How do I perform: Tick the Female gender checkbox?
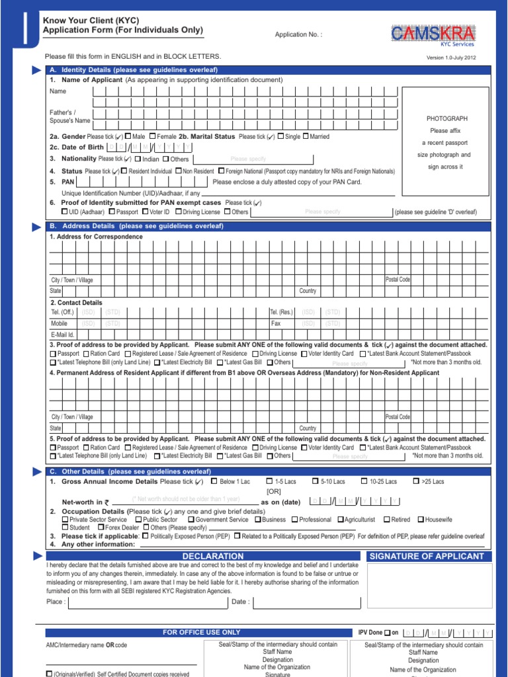(152, 136)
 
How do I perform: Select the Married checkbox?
(306, 136)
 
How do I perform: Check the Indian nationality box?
(138, 159)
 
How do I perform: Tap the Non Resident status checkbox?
(178, 171)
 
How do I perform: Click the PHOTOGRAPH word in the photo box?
(448, 118)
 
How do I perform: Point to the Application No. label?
(298, 35)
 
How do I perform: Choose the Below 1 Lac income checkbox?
(214, 481)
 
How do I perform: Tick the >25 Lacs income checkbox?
(416, 481)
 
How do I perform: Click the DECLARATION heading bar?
(213, 556)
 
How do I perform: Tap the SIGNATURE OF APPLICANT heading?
(427, 556)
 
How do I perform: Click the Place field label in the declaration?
(56, 602)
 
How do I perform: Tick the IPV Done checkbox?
(387, 633)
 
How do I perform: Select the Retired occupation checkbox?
(387, 520)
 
